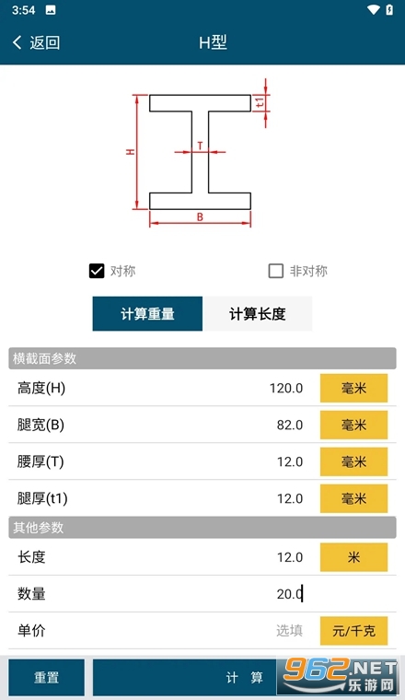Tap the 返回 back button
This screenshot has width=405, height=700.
37,43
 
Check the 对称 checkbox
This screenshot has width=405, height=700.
97,271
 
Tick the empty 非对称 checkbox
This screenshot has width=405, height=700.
275,271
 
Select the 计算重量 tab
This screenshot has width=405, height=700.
147,314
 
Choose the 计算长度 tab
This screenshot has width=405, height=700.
258,314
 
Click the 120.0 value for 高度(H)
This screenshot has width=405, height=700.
286,389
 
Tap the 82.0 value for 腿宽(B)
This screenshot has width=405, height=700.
290,425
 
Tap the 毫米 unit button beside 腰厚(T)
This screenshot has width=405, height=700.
353,461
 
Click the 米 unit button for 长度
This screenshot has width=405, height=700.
353,557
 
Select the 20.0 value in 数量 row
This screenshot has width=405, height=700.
289,594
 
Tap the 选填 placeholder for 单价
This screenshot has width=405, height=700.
289,630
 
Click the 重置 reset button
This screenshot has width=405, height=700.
46,677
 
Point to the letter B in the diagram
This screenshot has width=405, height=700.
200,217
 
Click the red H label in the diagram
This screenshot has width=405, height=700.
130,152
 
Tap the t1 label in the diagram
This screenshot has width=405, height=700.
260,102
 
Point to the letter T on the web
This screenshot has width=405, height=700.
200,146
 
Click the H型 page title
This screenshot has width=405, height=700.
213,43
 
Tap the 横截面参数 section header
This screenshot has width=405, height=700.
44,358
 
